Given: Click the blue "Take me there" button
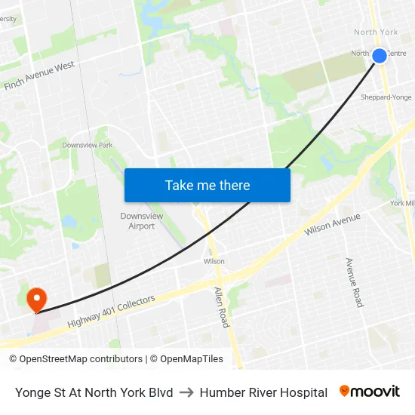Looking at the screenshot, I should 207,185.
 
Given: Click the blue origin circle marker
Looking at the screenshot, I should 380,55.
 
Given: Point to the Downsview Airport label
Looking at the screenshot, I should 142,220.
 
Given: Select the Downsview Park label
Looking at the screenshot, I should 87,145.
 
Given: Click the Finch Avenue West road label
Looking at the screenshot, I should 39,76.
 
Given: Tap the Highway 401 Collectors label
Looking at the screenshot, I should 111,311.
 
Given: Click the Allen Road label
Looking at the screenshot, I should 221,306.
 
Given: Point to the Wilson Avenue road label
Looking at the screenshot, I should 333,224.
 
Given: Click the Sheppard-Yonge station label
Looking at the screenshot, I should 386,97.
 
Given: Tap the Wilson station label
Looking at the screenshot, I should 214,261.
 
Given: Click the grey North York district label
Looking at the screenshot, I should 376,32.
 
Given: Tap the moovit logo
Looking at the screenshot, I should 370,392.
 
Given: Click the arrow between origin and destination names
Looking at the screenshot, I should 186,392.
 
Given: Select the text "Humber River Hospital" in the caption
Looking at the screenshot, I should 263,392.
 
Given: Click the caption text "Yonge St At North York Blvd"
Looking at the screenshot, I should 94,392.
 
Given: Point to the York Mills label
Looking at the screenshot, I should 402,203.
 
